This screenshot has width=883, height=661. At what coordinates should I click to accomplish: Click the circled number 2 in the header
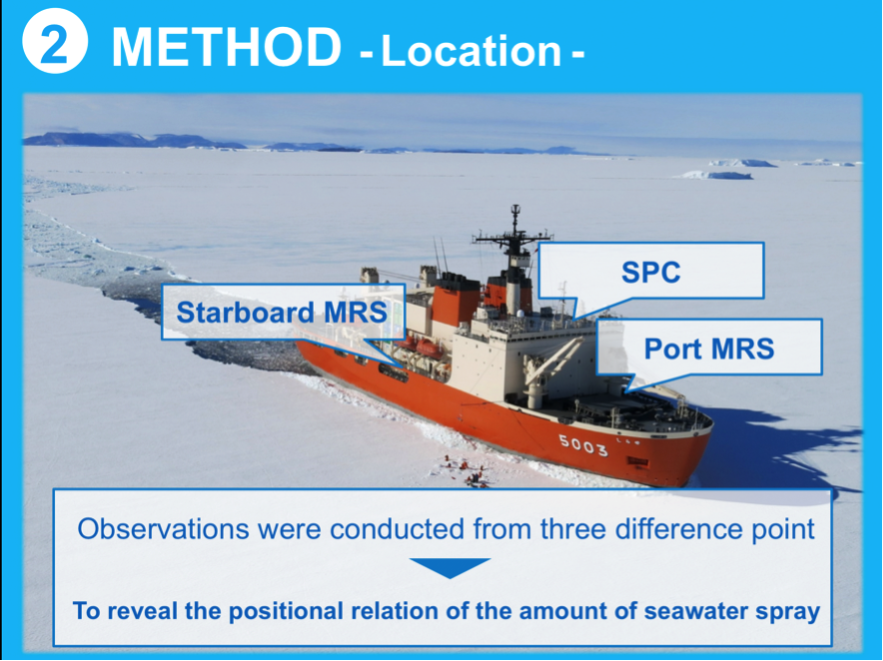coord(55,41)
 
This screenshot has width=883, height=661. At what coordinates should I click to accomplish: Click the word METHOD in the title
coord(227,47)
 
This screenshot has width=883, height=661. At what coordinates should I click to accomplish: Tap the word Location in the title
coord(471,51)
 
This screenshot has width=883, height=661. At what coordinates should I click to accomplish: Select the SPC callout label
coord(651,272)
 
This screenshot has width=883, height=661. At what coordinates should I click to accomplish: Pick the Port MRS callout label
coord(709,348)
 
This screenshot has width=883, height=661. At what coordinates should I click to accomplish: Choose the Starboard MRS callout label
coord(282,313)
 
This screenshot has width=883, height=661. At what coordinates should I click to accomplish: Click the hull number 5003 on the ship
coord(583,445)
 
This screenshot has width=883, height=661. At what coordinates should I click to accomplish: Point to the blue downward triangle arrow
coord(449,567)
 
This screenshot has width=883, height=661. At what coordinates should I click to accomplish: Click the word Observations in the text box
coord(163,529)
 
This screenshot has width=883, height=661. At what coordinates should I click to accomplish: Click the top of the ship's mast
coord(514,207)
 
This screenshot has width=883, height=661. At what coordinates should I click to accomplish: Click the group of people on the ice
coord(466,470)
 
